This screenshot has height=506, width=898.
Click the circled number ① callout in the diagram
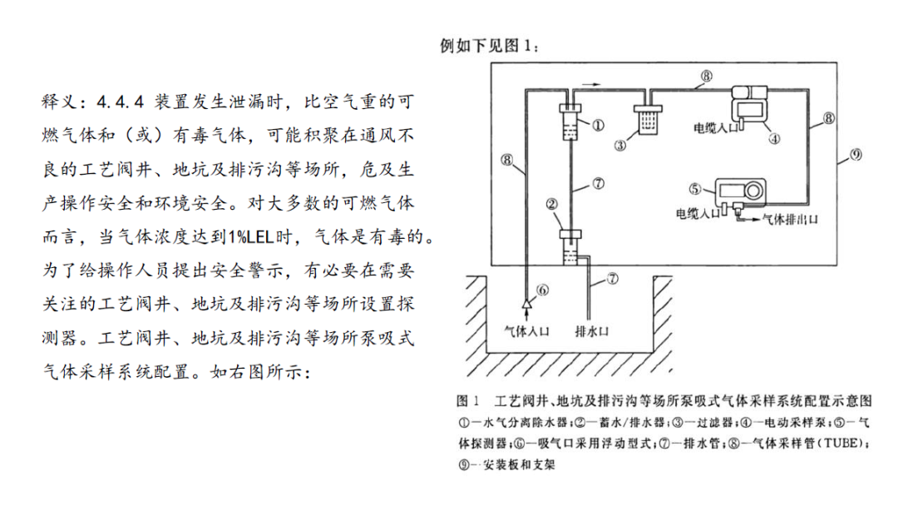(x=597, y=125)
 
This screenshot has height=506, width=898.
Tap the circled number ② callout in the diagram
(x=550, y=202)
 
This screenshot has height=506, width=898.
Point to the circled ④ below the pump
(x=773, y=139)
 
